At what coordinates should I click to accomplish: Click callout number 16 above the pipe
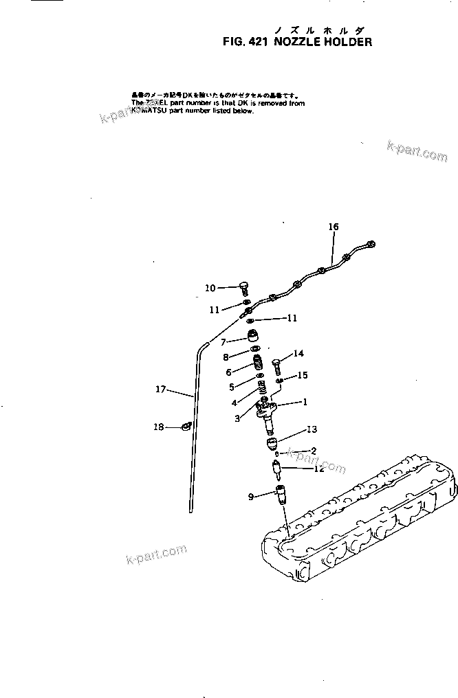pos(333,227)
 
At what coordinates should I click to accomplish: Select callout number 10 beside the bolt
pos(210,288)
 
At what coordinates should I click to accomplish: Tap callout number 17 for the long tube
pos(161,389)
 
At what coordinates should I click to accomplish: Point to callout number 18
pos(159,427)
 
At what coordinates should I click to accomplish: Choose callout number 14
pos(298,354)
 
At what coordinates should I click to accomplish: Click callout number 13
pos(312,429)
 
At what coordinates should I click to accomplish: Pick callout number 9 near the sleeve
pos(252,495)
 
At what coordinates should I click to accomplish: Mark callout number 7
pos(223,341)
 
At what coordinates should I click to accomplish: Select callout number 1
pos(304,402)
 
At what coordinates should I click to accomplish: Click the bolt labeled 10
pos(243,289)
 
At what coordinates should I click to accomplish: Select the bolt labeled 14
pos(276,363)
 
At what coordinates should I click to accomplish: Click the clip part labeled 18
pos(185,427)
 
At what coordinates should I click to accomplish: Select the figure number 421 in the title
pos(257,41)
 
